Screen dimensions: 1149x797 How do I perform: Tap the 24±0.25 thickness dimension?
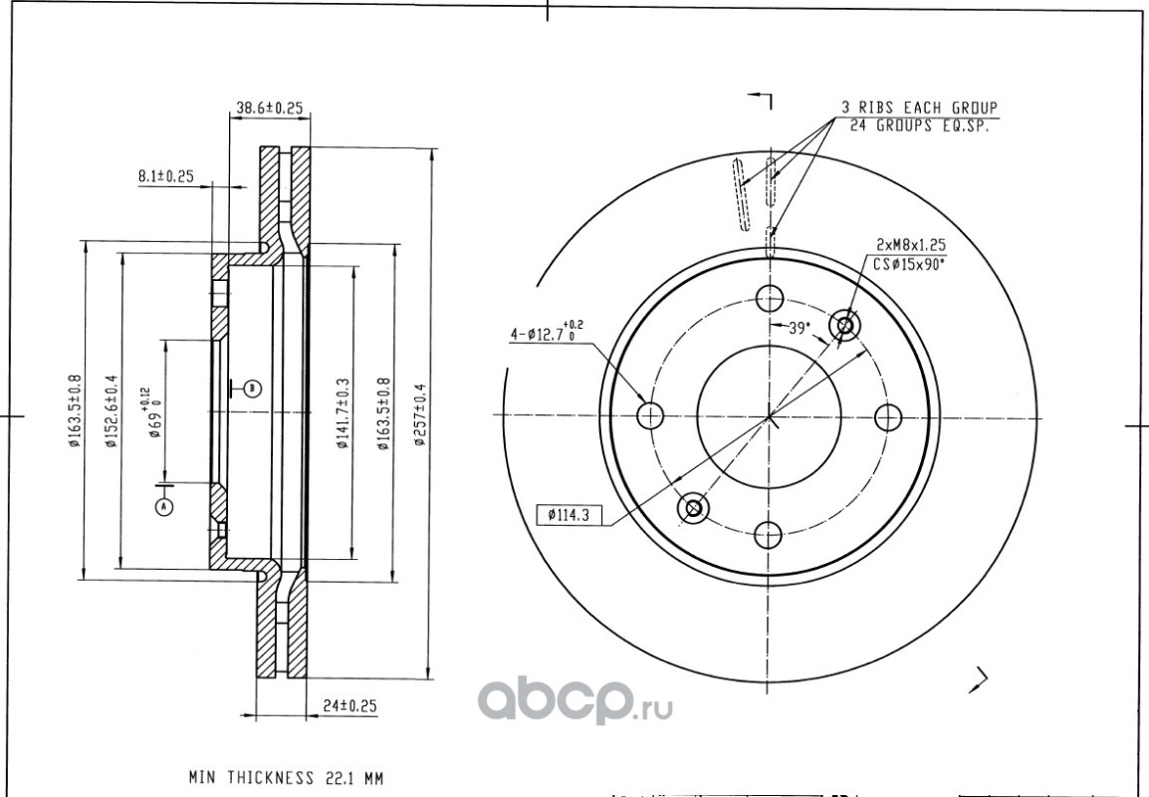pyautogui.click(x=350, y=705)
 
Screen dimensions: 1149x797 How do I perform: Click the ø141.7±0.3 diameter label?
pyautogui.click(x=342, y=413)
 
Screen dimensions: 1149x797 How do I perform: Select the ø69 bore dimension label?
pyautogui.click(x=152, y=413)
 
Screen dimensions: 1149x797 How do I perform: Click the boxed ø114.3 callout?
pyautogui.click(x=570, y=515)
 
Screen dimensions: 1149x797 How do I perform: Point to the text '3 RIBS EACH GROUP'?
pyautogui.click(x=919, y=107)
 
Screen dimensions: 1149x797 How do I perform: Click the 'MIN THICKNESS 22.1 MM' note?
pyautogui.click(x=286, y=776)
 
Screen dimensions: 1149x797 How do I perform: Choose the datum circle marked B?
pyautogui.click(x=253, y=388)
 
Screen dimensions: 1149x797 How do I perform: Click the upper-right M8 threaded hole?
pyautogui.click(x=845, y=325)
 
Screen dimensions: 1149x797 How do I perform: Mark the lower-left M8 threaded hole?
pyautogui.click(x=693, y=508)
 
